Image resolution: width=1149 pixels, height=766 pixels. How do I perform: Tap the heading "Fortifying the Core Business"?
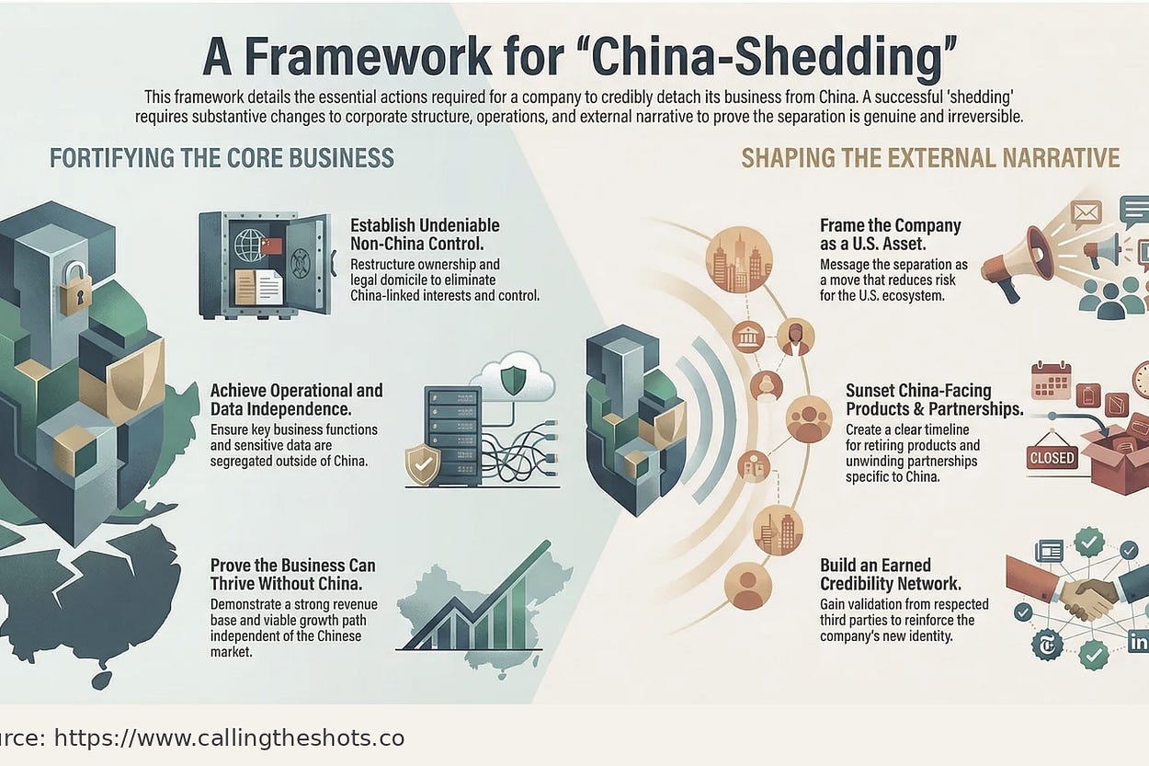[x=222, y=157]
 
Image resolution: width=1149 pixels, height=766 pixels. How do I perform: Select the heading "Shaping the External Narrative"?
[x=930, y=157]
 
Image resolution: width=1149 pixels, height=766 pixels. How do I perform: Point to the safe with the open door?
[x=264, y=264]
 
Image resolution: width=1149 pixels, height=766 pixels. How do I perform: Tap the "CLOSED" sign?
[x=1052, y=457]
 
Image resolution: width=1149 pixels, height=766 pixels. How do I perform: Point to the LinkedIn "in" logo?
[x=1137, y=643]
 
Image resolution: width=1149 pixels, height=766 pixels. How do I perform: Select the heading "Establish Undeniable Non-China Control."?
[x=425, y=234]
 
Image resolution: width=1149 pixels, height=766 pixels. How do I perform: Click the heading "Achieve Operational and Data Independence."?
[x=296, y=400]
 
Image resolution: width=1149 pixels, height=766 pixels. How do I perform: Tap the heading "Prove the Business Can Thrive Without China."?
[x=292, y=575]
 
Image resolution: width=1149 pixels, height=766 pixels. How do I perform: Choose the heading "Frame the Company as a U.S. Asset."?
[x=890, y=234]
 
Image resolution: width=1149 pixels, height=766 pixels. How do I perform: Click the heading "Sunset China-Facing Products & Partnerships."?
[x=934, y=400]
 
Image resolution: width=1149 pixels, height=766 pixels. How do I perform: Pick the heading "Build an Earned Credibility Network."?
[x=890, y=575]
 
